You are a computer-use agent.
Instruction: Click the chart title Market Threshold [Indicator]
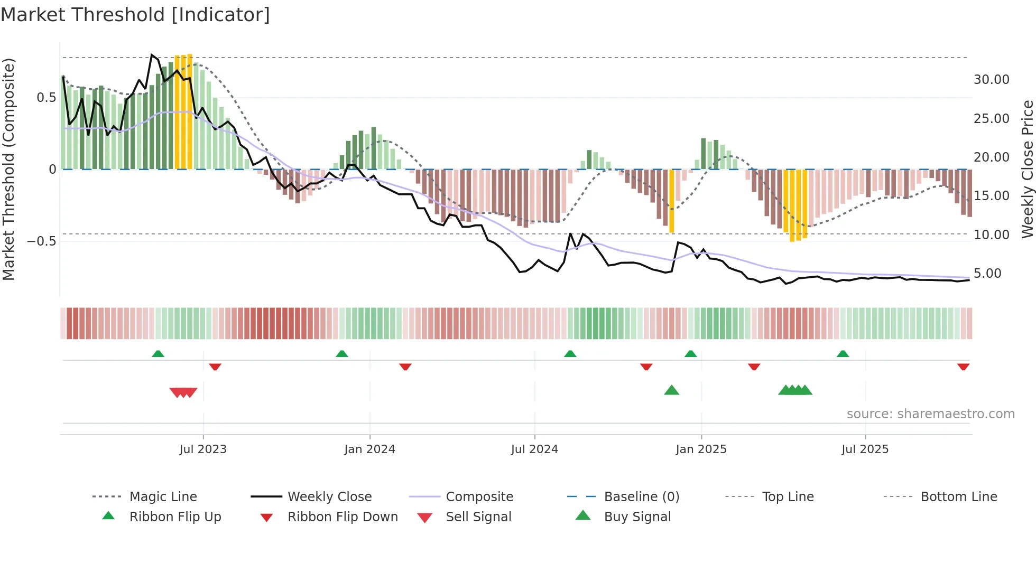[x=135, y=15]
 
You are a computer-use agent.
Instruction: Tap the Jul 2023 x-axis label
[x=203, y=449]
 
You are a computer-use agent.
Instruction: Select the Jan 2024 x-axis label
[x=369, y=449]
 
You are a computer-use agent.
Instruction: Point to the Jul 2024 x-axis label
[x=534, y=449]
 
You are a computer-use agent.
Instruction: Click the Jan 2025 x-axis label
[x=701, y=449]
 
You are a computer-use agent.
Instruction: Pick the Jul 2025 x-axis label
[x=865, y=449]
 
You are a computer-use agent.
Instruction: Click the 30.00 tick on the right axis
[x=991, y=80]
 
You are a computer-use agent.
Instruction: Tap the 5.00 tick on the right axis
[x=987, y=274]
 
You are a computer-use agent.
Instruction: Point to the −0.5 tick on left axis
[x=41, y=241]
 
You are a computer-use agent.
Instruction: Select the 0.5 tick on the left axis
[x=46, y=98]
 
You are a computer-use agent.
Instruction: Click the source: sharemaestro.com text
[x=930, y=414]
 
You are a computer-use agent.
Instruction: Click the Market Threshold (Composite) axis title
[x=8, y=169]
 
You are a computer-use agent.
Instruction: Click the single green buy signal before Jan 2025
[x=671, y=390]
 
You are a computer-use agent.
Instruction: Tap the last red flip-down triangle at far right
[x=963, y=367]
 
